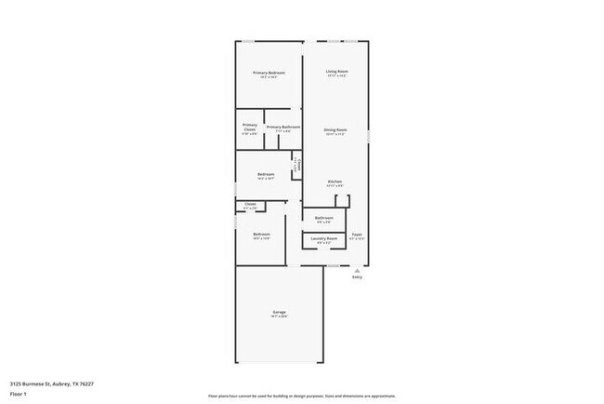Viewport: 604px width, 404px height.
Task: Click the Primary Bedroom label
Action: coord(269,73)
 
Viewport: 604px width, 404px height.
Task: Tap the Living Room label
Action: coord(336,72)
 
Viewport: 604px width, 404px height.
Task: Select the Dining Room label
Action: coord(335,129)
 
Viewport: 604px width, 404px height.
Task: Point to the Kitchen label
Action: coord(335,182)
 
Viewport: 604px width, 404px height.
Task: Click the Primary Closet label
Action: coord(250,127)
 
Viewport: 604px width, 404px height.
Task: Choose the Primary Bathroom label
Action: coord(282,127)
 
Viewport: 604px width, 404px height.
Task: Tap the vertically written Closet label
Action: coord(296,164)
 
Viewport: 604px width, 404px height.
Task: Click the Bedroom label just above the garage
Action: coord(261,234)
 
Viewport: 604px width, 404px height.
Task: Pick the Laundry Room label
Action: coord(324,238)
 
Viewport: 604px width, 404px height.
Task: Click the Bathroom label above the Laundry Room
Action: coord(324,219)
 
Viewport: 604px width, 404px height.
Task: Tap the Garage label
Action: coord(279,312)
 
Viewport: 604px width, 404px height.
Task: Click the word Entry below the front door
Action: coord(357,277)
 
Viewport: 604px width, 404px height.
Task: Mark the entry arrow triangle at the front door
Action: coord(357,270)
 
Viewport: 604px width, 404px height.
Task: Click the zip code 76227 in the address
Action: coord(85,383)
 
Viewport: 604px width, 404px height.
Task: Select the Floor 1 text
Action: coord(19,394)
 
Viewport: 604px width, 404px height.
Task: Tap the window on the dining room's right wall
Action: coord(369,136)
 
